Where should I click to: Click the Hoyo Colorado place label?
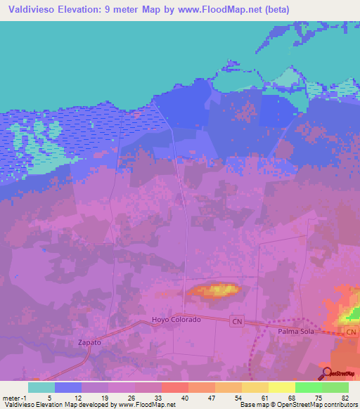[176, 320]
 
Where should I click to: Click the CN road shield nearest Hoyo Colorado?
[237, 320]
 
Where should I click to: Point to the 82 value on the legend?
[345, 397]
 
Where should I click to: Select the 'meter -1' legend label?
[13, 397]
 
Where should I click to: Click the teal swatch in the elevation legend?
[41, 387]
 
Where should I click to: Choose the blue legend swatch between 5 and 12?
[68, 387]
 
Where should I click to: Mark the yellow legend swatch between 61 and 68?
[281, 387]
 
